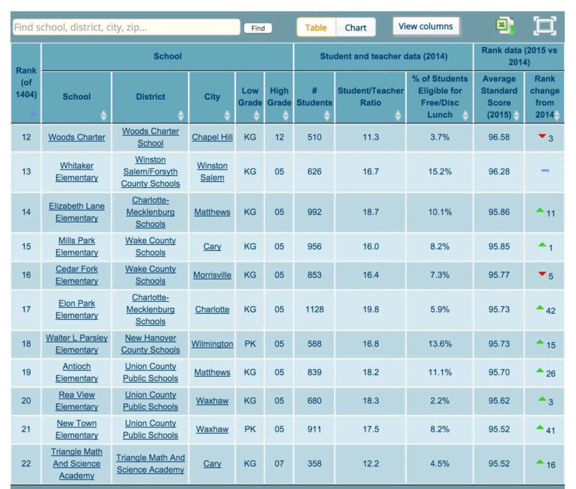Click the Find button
[258, 28]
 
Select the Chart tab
[355, 28]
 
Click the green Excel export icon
[505, 26]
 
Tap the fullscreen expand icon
[544, 26]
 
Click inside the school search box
[126, 27]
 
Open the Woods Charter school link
[76, 137]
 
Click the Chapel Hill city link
[212, 137]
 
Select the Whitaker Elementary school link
[76, 172]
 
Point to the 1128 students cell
[314, 309]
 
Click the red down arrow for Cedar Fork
[542, 274]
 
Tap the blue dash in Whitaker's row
[544, 171]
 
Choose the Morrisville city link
[212, 275]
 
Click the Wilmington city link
[212, 344]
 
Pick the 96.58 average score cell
[498, 137]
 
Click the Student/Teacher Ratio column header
[370, 97]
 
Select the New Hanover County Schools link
[150, 344]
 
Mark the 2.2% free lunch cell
[439, 401]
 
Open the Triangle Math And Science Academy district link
[150, 464]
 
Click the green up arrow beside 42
[540, 308]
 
